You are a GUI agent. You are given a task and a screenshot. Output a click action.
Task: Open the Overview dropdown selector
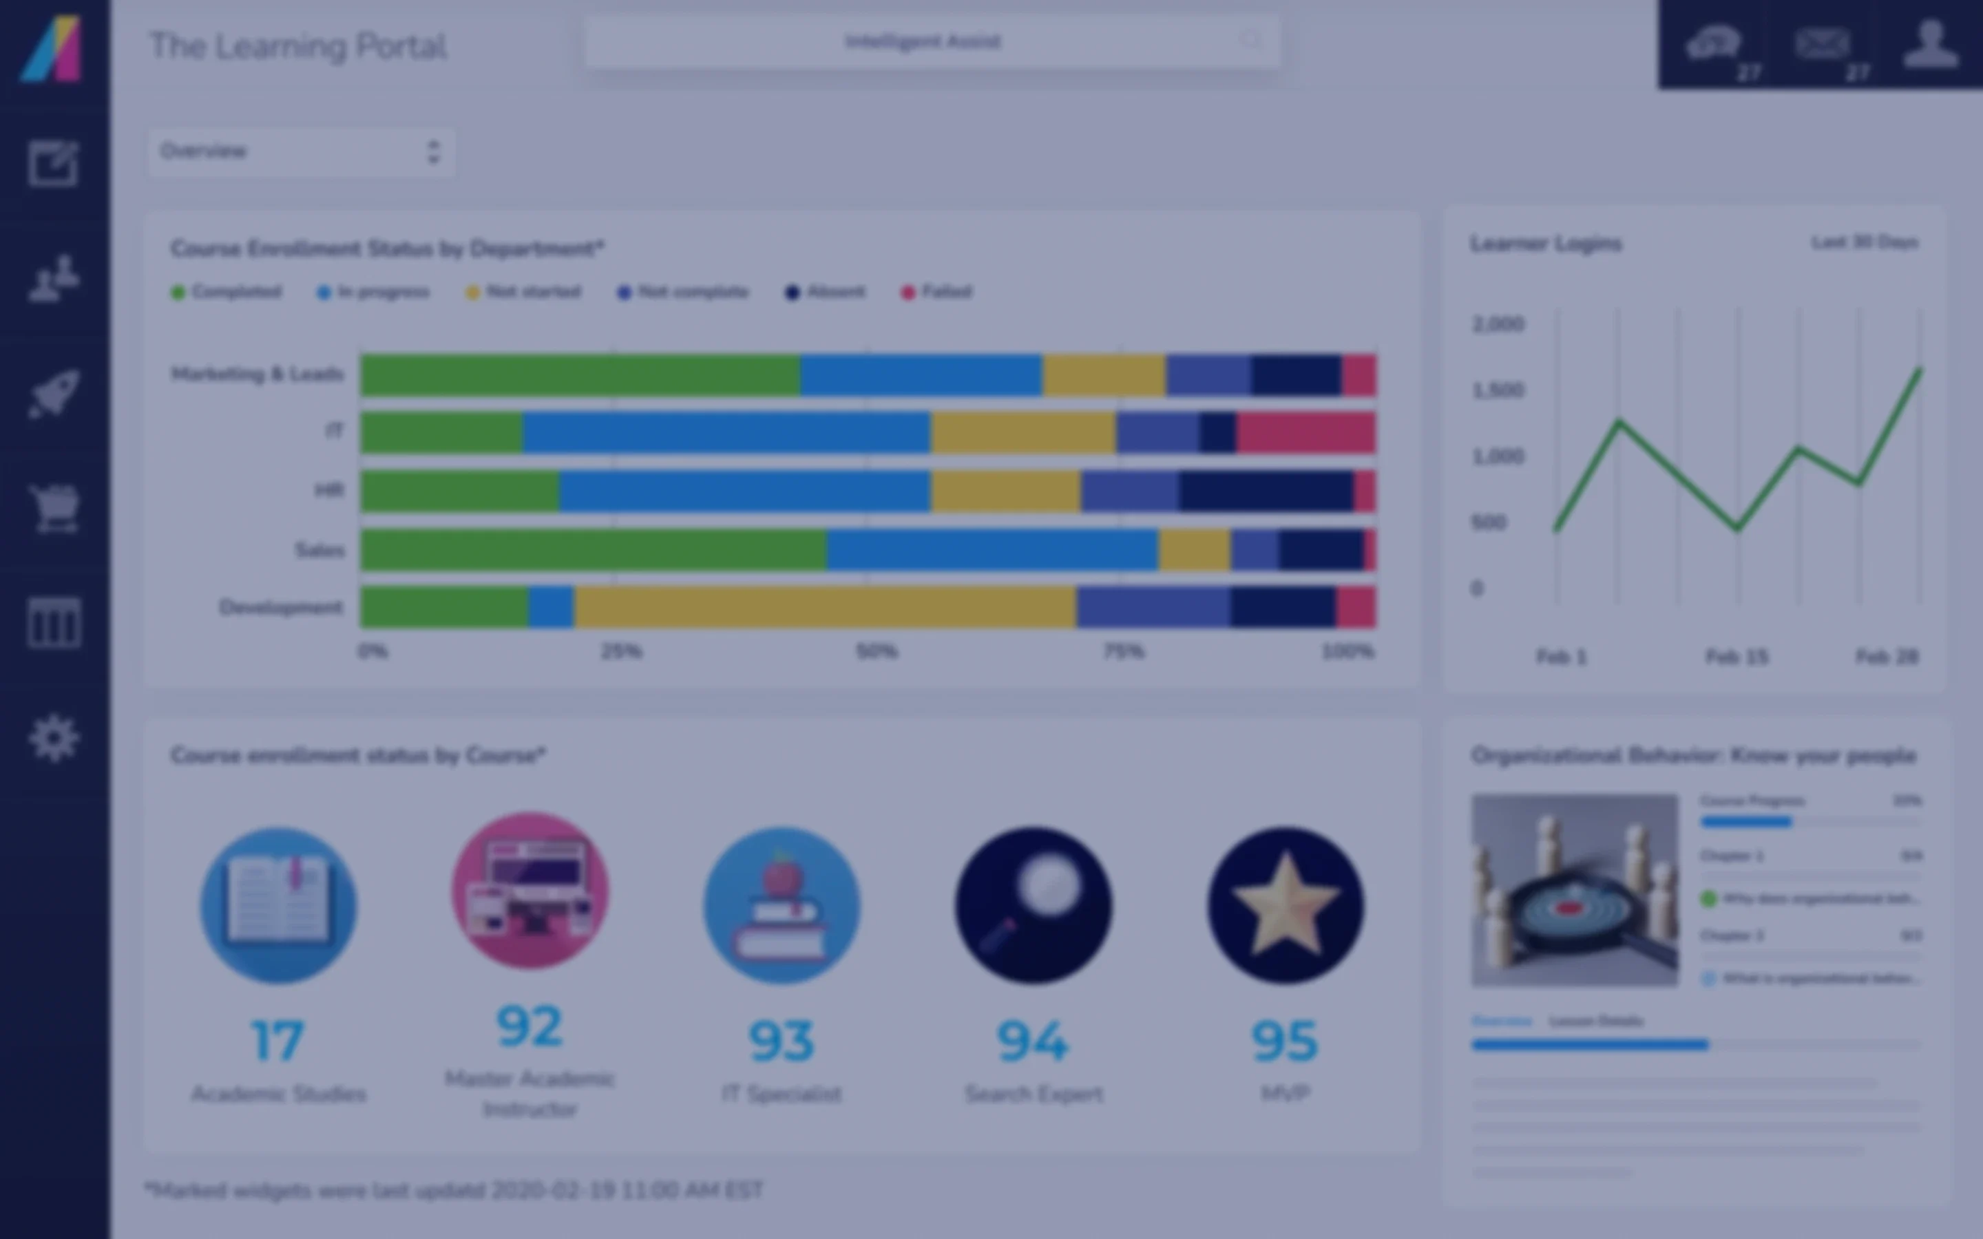tap(301, 151)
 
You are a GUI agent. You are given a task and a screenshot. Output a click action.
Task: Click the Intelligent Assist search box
tap(932, 42)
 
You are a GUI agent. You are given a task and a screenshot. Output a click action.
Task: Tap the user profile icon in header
tap(1931, 44)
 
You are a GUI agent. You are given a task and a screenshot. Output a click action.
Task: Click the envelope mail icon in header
tap(1822, 44)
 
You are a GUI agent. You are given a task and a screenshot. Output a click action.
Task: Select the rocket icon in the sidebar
tap(54, 393)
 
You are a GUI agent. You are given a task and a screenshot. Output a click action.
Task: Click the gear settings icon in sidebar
tap(54, 739)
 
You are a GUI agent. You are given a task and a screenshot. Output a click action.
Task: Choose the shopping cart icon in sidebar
tap(54, 508)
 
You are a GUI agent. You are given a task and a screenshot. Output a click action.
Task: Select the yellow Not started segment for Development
tap(824, 607)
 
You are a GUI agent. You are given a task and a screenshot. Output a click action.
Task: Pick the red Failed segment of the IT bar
tap(1306, 432)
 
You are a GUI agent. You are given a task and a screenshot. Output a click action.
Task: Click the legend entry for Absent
tap(826, 292)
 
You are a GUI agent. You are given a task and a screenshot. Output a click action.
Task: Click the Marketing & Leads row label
tap(256, 374)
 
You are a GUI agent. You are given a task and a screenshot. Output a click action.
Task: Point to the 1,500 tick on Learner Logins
tap(1498, 390)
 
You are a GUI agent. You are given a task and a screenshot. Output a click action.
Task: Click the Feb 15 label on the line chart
tap(1737, 657)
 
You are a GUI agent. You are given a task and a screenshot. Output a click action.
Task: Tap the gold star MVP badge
tap(1285, 905)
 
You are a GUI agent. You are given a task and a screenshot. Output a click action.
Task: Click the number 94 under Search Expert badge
tap(1033, 1041)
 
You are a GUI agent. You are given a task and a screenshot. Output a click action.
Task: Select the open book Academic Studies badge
tap(279, 905)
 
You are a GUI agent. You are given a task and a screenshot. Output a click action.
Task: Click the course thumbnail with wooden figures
tap(1574, 889)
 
